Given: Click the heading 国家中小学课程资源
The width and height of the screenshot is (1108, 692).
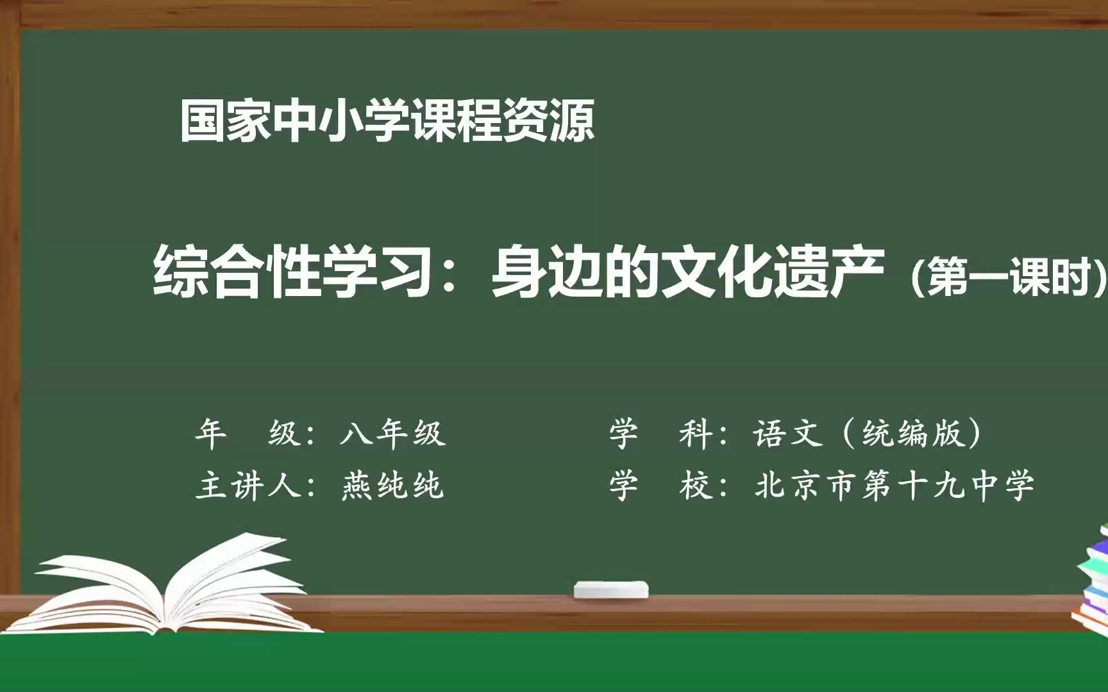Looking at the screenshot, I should [x=387, y=120].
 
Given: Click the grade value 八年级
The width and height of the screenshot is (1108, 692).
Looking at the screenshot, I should [x=392, y=432].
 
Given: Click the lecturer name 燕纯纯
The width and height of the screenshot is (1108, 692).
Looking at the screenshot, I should [x=392, y=485].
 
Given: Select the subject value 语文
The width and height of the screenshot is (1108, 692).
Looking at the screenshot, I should [x=788, y=432].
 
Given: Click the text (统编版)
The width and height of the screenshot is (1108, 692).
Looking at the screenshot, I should [x=914, y=432].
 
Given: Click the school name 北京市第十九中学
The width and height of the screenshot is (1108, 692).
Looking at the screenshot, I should [x=894, y=485].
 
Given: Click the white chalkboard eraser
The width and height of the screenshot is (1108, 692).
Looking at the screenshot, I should [x=610, y=589].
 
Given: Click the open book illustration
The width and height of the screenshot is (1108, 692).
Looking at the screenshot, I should [x=167, y=589].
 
